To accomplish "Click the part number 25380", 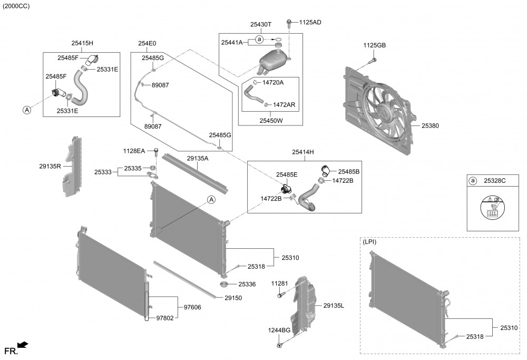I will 430,126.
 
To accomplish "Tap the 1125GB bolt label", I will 374,46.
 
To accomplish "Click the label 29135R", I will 50,166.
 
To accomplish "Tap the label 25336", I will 247,284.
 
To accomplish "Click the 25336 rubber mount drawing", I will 223,285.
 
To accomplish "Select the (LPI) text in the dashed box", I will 370,242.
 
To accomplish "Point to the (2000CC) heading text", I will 16,6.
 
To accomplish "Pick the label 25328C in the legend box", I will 494,181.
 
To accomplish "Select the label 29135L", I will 334,305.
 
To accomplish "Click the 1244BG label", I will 279,330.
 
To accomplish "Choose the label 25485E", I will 287,174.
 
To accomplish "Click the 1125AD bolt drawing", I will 290,23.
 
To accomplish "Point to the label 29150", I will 233,298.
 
